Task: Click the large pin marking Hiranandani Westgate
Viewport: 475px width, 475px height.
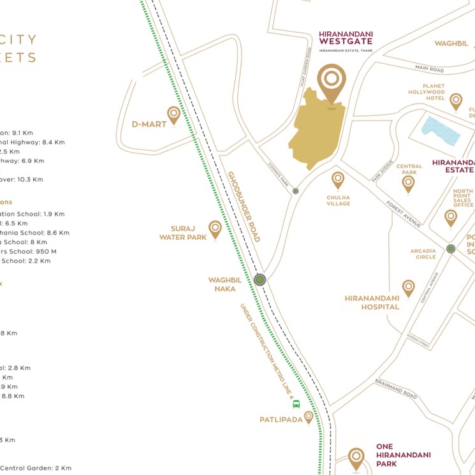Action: click(332, 81)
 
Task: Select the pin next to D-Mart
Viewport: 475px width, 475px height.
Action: click(173, 115)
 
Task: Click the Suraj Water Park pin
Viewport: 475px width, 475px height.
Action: click(216, 229)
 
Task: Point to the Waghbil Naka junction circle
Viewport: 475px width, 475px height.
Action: click(259, 280)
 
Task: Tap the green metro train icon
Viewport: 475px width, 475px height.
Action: click(296, 404)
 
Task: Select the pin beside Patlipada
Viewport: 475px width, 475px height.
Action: click(309, 417)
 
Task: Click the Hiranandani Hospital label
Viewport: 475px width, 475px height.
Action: click(372, 302)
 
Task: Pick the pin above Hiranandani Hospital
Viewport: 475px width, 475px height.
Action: click(408, 288)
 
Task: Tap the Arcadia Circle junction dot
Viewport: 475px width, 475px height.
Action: click(451, 249)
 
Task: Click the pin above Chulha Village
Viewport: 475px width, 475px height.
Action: click(338, 180)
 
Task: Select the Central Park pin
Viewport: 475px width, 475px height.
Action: click(408, 184)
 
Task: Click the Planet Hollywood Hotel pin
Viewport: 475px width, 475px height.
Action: click(456, 101)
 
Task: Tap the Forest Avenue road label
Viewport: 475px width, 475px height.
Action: click(404, 213)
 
